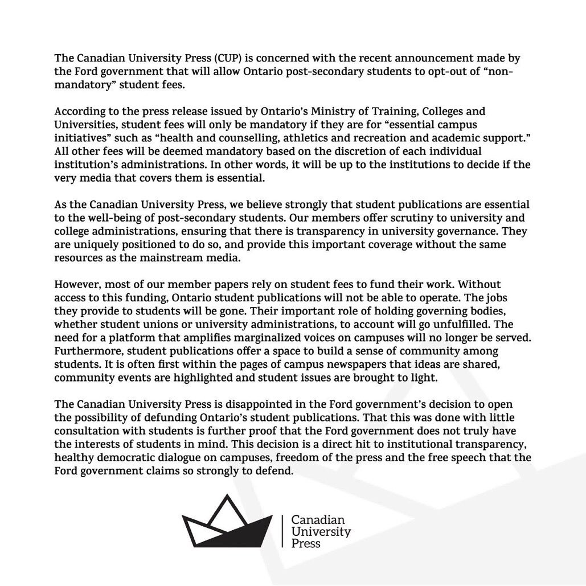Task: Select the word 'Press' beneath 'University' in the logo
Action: [x=306, y=543]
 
